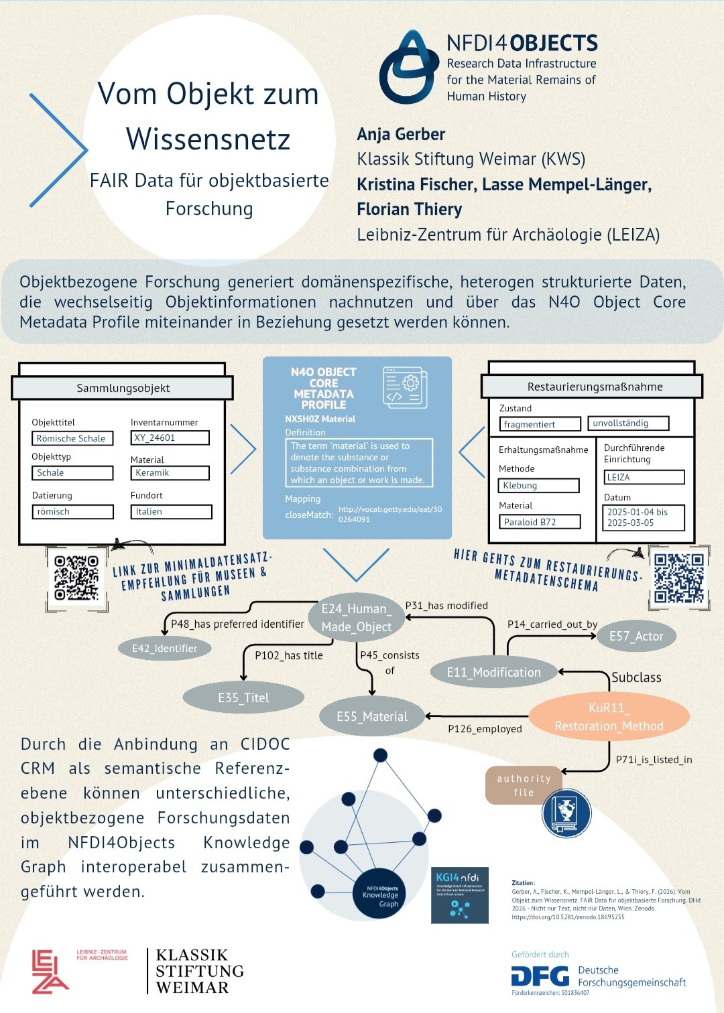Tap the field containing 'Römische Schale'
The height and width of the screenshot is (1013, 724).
pyautogui.click(x=72, y=438)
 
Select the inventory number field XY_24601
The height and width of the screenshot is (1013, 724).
pyautogui.click(x=170, y=437)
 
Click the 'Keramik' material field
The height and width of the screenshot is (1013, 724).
pyautogui.click(x=170, y=473)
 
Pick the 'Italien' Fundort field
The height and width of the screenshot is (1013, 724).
pyautogui.click(x=171, y=512)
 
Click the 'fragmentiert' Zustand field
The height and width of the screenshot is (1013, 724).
pyautogui.click(x=540, y=424)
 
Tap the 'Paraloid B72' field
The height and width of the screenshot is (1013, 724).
pyautogui.click(x=540, y=522)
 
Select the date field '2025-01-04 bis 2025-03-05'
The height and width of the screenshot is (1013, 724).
pyautogui.click(x=643, y=518)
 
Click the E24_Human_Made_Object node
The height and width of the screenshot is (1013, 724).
pyautogui.click(x=357, y=618)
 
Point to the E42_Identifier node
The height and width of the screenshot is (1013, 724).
pyautogui.click(x=164, y=648)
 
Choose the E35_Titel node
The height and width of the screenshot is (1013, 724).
pyautogui.click(x=243, y=697)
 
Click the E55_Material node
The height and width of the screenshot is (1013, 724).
pyautogui.click(x=372, y=717)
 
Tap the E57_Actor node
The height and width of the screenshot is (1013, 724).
pyautogui.click(x=636, y=636)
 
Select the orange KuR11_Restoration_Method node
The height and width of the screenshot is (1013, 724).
pyautogui.click(x=609, y=717)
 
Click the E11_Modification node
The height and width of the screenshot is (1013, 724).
pyautogui.click(x=494, y=673)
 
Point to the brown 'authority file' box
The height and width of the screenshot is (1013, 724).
pyautogui.click(x=524, y=785)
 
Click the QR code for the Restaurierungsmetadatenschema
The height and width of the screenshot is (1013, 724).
pyautogui.click(x=679, y=578)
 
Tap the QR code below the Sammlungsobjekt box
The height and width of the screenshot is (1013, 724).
pyautogui.click(x=76, y=578)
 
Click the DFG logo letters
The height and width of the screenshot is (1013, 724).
pyautogui.click(x=540, y=976)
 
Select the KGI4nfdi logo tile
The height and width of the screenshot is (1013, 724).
pyautogui.click(x=459, y=895)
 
